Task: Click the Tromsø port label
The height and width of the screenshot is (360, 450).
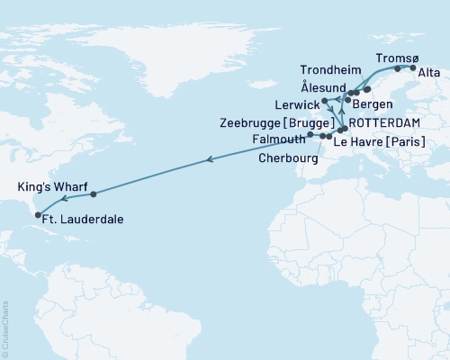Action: point(391,55)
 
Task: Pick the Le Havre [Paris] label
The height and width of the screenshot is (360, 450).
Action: point(378,141)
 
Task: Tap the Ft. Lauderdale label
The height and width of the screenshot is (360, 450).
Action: point(83,219)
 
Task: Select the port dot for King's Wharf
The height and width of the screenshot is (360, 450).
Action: point(94,193)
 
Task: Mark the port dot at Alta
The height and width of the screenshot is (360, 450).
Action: point(413,67)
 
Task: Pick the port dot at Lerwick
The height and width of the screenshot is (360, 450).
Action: point(324,101)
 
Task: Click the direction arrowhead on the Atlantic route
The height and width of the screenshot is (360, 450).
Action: point(210,159)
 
